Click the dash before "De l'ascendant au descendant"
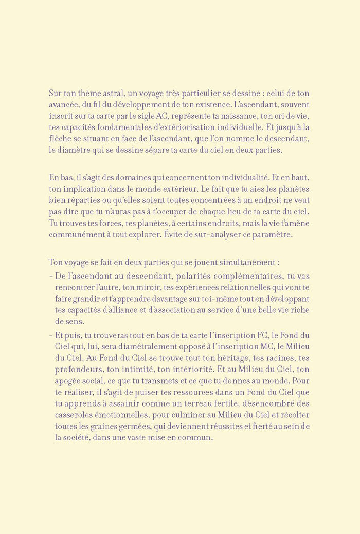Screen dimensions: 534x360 50,275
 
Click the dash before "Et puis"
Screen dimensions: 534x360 50,335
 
